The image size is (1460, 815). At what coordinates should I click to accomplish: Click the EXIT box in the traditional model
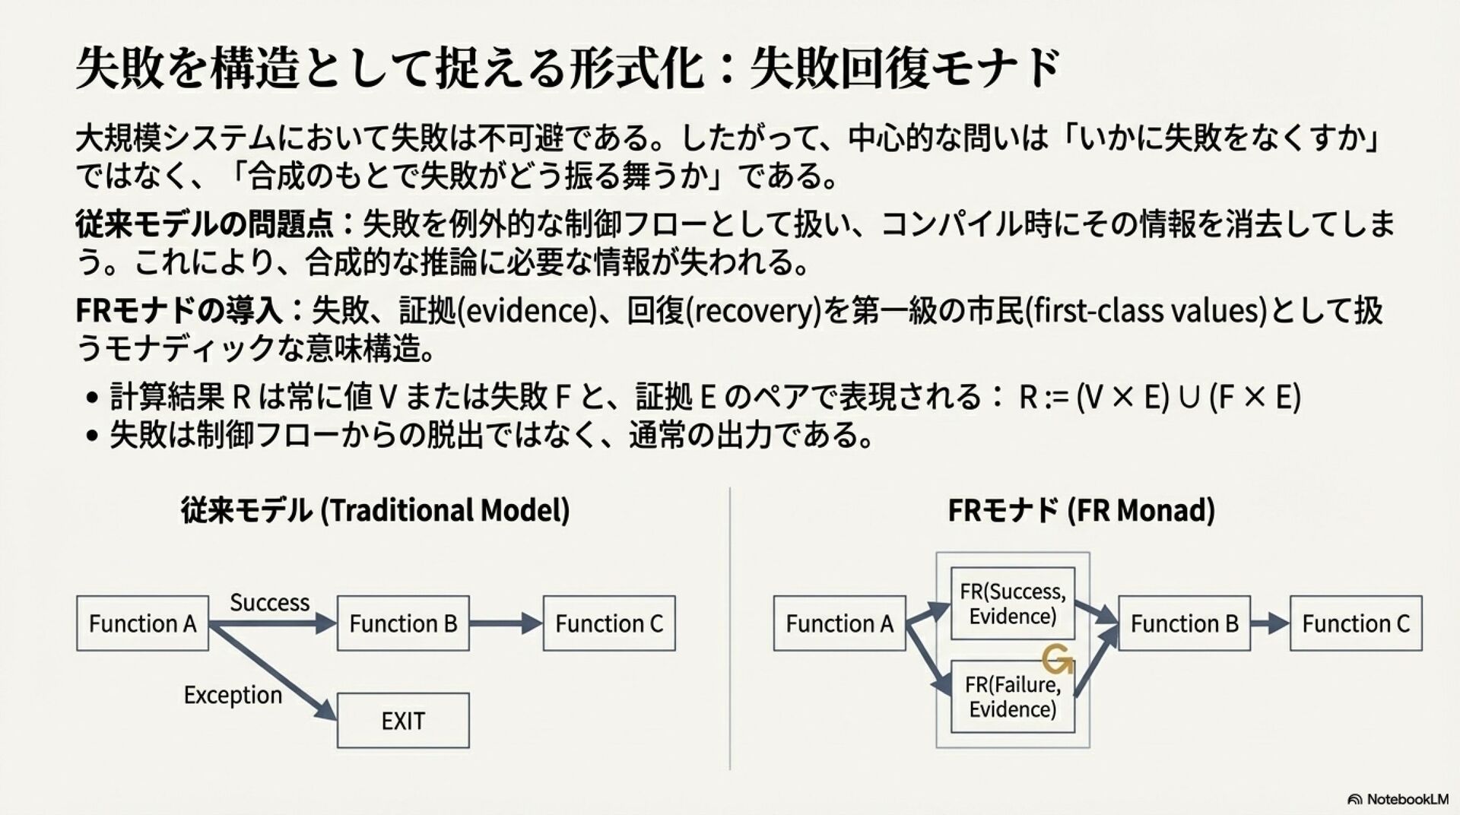coord(403,720)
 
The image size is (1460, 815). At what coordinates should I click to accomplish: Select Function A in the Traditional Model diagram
coord(142,623)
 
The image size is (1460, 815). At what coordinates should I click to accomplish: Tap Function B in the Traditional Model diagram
coord(403,623)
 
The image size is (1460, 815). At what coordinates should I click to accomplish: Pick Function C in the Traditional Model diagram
coord(609,623)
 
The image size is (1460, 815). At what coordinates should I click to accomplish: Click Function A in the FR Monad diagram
coord(839,623)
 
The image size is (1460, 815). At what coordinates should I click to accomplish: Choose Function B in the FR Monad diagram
coord(1184,623)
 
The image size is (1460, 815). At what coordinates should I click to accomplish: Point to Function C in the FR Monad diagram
coord(1356,623)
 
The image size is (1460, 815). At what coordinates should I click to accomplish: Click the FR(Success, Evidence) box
coord(1013,604)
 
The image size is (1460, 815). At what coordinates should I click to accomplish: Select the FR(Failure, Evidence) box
coord(1013,697)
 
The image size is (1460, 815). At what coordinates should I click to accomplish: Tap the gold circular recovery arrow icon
coord(1057,660)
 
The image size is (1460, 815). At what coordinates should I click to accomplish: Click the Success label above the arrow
coord(269,603)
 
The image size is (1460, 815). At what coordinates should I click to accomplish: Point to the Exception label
coord(233,695)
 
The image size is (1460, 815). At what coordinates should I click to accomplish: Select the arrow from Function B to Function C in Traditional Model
coord(506,623)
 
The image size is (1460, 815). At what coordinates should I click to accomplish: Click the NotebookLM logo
coord(1398,799)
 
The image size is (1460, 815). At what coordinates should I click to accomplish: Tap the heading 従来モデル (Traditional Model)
coord(375,510)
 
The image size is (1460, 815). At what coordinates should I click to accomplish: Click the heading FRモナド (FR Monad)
coord(1081,510)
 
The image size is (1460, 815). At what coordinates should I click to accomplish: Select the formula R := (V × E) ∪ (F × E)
coord(1160,397)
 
